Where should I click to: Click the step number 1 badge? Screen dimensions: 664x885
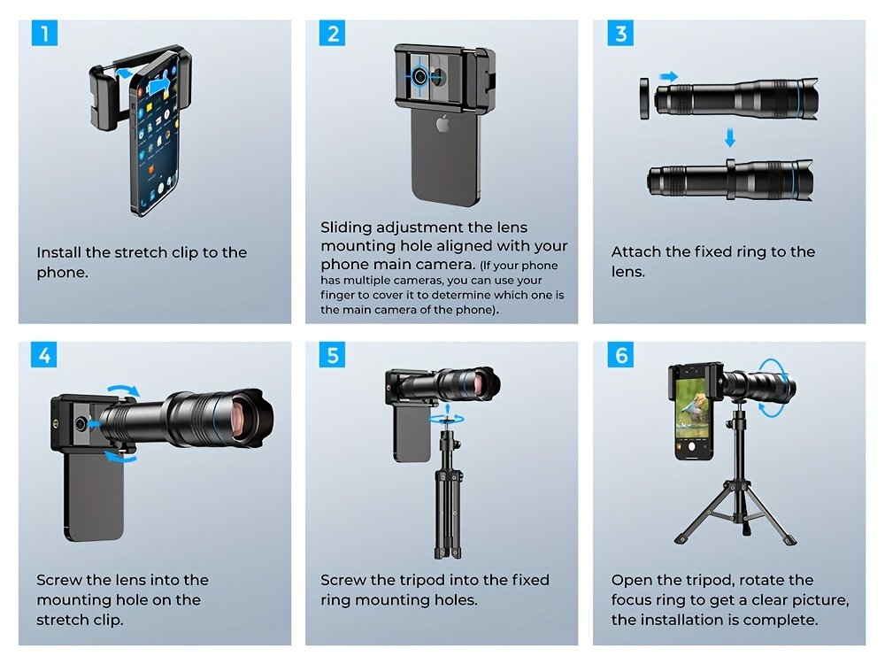(45, 35)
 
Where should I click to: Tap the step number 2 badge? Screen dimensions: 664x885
(333, 35)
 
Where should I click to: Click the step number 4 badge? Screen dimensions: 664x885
(45, 356)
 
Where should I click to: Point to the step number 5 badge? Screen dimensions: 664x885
(333, 356)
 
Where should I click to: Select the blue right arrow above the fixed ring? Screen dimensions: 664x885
(669, 78)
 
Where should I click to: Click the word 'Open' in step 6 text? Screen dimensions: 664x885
(631, 581)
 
